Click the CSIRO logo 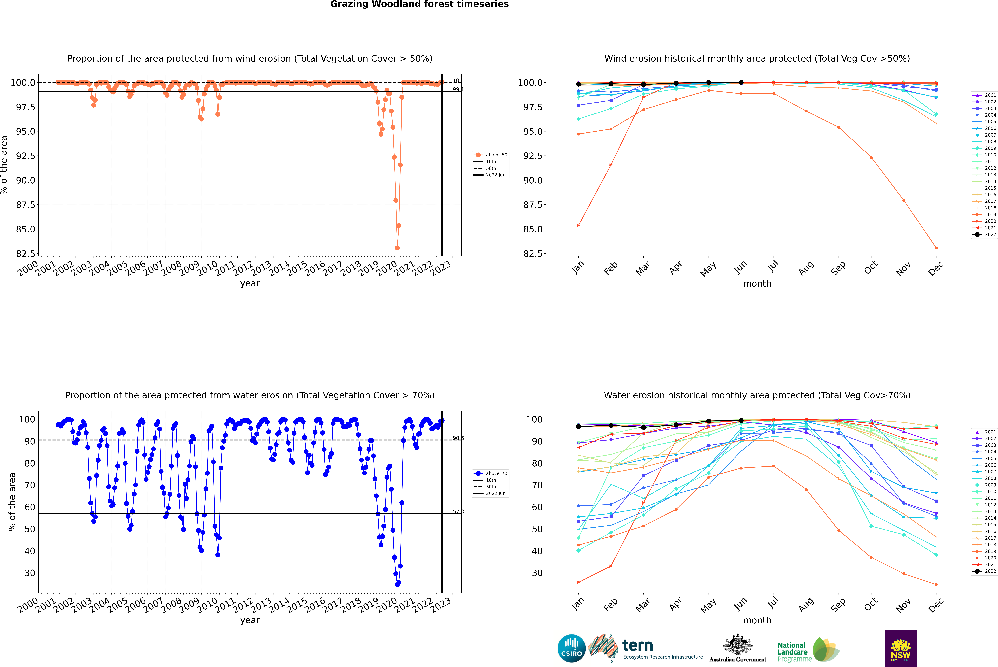click(571, 648)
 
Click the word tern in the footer click(637, 646)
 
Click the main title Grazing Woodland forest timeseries click(419, 4)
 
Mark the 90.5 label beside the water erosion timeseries click(458, 438)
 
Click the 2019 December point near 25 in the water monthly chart click(936, 584)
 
